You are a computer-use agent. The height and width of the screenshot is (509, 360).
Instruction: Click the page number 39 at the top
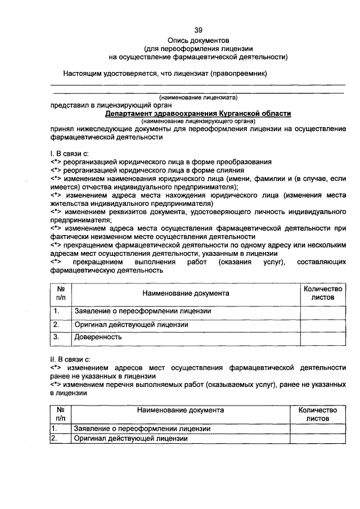pyautogui.click(x=198, y=30)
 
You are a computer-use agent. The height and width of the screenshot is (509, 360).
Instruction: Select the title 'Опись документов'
pyautogui.click(x=198, y=41)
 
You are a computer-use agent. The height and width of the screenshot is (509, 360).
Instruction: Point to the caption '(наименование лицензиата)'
pyautogui.click(x=198, y=97)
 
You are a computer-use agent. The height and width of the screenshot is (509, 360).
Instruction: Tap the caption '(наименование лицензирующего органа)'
pyautogui.click(x=198, y=121)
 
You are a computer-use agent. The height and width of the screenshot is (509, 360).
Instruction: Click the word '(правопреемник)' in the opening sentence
pyautogui.click(x=238, y=73)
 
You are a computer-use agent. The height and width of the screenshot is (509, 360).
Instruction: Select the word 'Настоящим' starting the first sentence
pyautogui.click(x=81, y=73)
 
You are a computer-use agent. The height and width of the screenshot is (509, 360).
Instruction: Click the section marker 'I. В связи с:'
pyautogui.click(x=69, y=153)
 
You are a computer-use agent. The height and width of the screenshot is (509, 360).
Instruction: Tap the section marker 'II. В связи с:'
pyautogui.click(x=70, y=358)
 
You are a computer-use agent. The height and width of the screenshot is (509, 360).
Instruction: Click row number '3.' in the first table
pyautogui.click(x=56, y=337)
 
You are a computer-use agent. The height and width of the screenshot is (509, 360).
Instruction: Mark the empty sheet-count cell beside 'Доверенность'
pyautogui.click(x=322, y=337)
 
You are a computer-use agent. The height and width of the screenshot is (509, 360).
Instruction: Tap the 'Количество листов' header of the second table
pyautogui.click(x=317, y=415)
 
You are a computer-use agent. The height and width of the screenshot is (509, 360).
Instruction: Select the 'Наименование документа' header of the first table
pyautogui.click(x=186, y=293)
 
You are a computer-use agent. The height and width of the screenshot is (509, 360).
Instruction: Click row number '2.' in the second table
pyautogui.click(x=55, y=438)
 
